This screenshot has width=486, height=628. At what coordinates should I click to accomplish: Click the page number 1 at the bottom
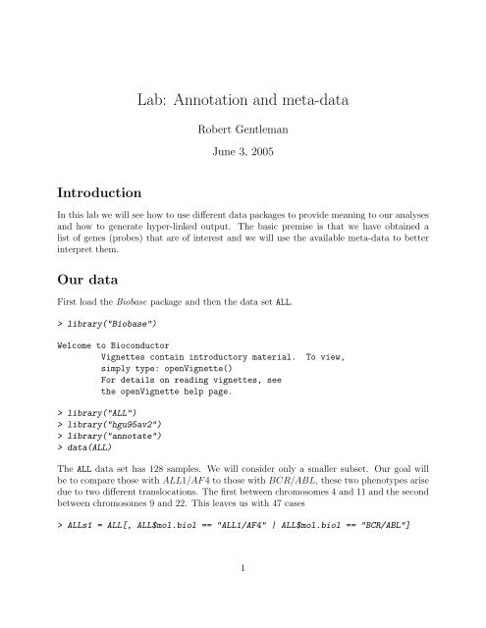point(243,592)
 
